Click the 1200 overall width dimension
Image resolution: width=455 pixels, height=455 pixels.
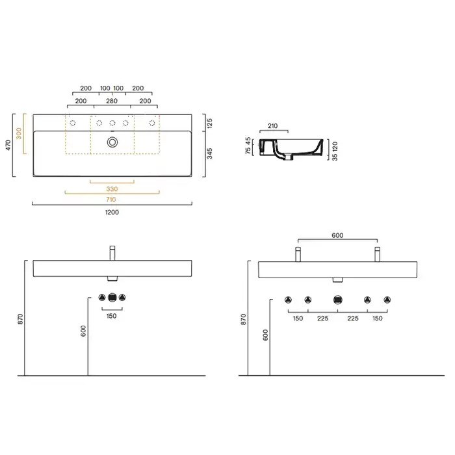(112, 212)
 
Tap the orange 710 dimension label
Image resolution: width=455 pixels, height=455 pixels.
(111, 200)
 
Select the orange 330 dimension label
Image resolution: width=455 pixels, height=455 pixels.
(112, 189)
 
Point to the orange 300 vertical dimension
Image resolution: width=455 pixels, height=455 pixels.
(19, 133)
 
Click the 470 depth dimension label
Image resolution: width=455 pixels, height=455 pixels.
(8, 145)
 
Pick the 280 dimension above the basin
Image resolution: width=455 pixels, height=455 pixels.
(112, 101)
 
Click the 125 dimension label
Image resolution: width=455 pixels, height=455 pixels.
(210, 123)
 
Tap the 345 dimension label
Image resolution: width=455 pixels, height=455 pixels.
(210, 153)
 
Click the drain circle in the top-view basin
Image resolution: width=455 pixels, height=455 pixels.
(112, 142)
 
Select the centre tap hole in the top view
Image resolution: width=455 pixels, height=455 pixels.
(112, 123)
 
